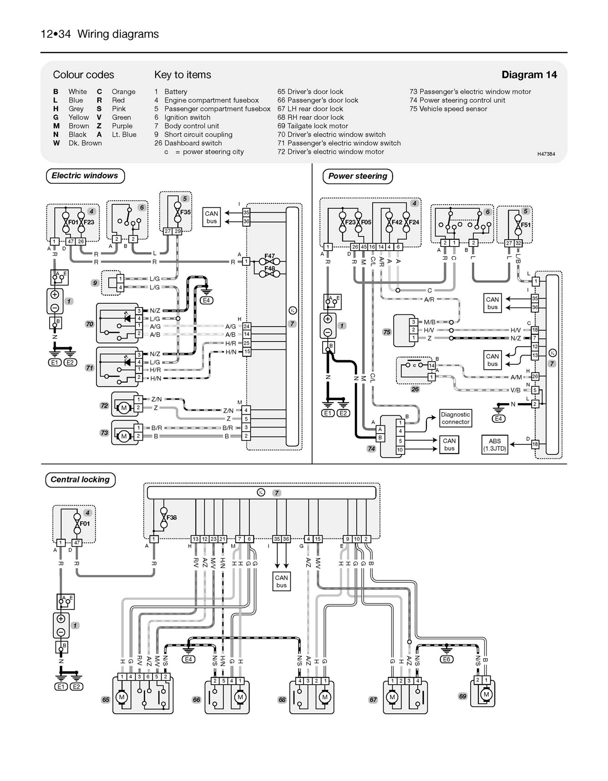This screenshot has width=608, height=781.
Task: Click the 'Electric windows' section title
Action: pos(85,176)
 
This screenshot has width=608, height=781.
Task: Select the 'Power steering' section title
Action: pos(358,176)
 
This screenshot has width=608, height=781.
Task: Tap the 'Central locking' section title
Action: pos(80,479)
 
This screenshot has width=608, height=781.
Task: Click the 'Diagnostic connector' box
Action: pos(455,418)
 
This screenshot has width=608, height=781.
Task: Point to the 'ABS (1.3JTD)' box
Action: pos(495,444)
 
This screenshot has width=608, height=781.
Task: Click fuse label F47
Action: pos(270,257)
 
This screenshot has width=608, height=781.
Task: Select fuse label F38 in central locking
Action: pos(172,518)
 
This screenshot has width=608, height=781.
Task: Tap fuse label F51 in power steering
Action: pos(526,225)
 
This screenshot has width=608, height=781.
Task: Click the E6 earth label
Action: pos(446,659)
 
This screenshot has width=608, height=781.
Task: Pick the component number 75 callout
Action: pos(386,332)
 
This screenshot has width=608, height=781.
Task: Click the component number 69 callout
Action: pos(462,696)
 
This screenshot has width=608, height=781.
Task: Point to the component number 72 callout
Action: pos(104,406)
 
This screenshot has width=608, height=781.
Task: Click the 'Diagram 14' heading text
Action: pos(529,75)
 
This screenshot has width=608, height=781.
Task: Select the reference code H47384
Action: pos(546,154)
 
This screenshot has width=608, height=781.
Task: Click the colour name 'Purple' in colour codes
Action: pos(122,126)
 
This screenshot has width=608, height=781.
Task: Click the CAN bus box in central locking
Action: pos(281,581)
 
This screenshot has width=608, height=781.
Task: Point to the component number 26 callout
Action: pos(415,389)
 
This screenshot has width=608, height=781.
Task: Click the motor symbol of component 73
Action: pos(124,437)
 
